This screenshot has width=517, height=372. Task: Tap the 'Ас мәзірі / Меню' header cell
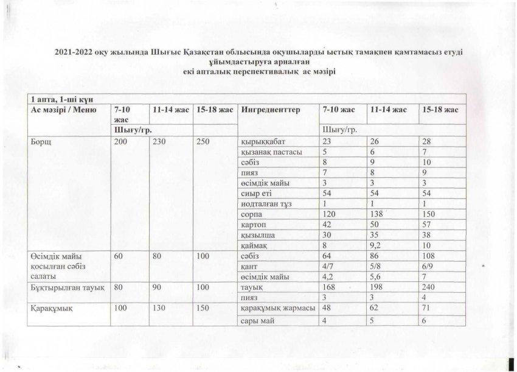click(x=60, y=110)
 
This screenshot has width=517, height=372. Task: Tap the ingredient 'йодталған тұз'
click(x=266, y=203)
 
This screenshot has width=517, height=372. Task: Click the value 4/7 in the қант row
click(x=329, y=265)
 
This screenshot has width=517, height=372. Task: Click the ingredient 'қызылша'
click(x=257, y=234)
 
